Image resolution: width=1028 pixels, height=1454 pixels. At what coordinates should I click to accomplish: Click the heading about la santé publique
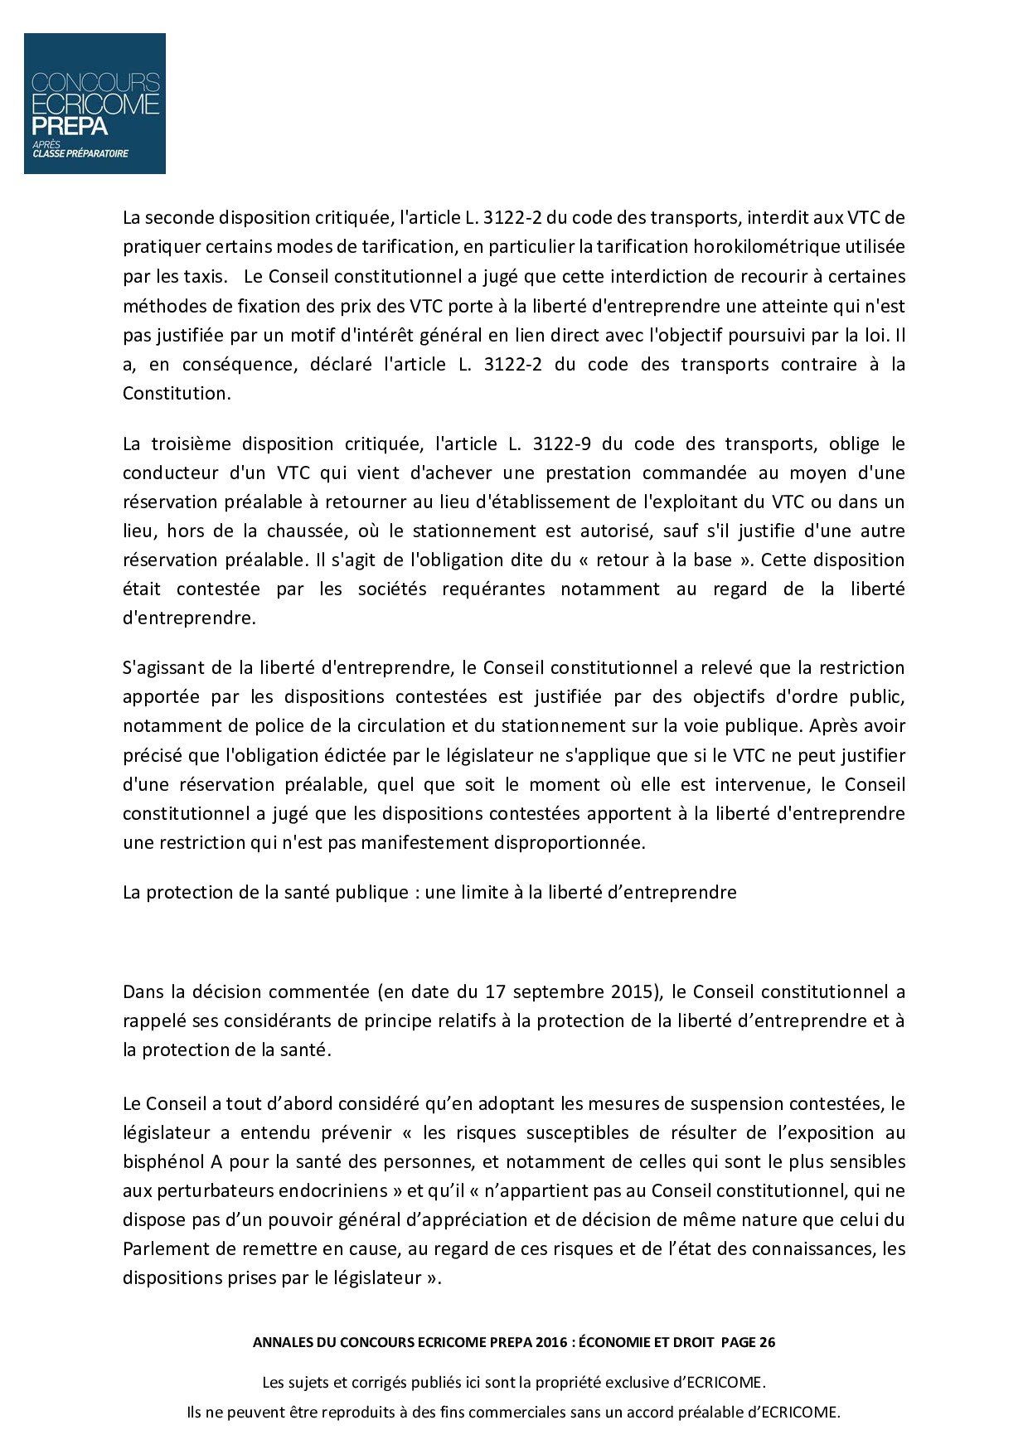click(x=429, y=892)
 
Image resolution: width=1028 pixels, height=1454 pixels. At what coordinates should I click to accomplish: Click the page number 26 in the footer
click(x=766, y=1343)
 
